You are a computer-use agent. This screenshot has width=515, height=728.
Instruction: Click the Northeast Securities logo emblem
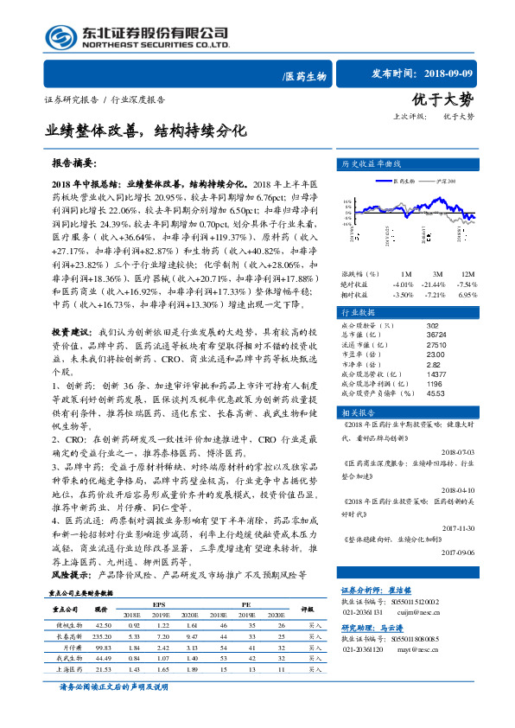pyautogui.click(x=60, y=37)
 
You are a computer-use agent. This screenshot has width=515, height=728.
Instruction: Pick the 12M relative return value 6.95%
pyautogui.click(x=466, y=295)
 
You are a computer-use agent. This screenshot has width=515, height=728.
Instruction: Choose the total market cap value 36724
pyautogui.click(x=436, y=335)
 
